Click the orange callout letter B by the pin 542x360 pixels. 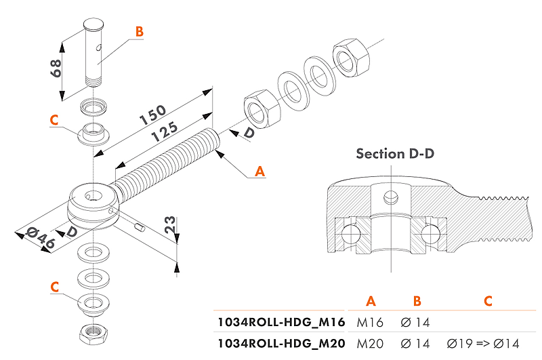point(139,31)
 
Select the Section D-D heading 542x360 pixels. point(395,154)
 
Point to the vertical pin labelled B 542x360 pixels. point(96,54)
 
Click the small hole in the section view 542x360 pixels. point(389,197)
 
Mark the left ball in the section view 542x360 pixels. point(350,233)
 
